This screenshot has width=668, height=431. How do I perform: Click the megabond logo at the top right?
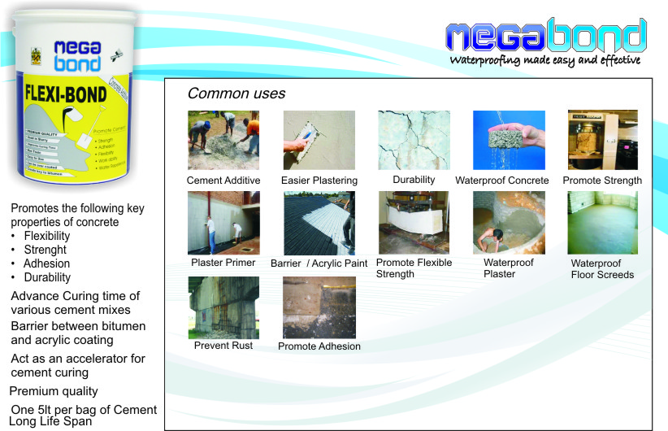546,36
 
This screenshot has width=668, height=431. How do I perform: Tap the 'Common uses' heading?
236,94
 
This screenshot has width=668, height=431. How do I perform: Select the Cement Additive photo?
223,140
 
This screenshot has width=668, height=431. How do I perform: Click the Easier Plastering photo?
319,140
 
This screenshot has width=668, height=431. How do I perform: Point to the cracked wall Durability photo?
414,140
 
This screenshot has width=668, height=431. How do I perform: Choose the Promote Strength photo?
602,140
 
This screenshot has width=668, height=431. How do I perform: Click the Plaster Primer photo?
223,223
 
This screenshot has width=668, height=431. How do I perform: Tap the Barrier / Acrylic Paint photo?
319,223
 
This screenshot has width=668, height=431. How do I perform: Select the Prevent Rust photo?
223,307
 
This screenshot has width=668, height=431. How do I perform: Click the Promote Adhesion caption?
319,346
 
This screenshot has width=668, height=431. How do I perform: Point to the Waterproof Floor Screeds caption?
602,268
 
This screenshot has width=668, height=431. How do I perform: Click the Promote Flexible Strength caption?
414,268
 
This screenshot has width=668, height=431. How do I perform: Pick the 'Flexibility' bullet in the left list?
47,236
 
